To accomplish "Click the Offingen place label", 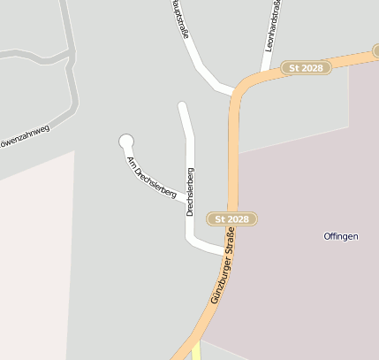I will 340,236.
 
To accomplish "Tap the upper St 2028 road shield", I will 306,67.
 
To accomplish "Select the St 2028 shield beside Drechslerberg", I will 232,218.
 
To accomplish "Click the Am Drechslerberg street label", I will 152,176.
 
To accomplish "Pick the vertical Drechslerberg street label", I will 190,191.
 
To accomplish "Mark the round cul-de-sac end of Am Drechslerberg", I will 126,140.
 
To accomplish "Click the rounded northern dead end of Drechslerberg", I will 183,108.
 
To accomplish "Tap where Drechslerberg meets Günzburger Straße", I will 228,251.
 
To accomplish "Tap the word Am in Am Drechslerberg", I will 131,161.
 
